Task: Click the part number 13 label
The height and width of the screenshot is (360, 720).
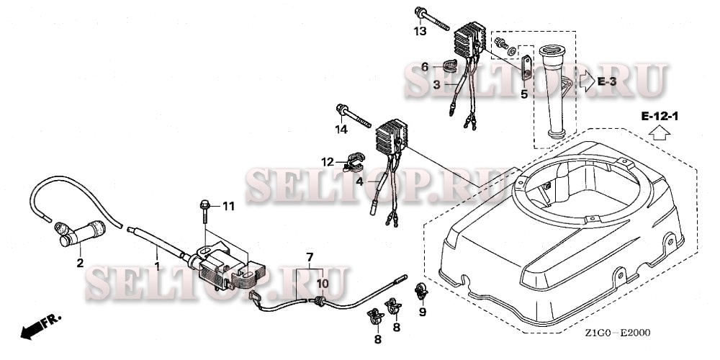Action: coord(420,31)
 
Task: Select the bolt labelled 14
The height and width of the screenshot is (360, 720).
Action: coord(354,116)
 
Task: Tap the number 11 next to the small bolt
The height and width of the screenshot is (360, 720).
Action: coord(228,207)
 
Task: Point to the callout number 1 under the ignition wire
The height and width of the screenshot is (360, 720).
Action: coord(158,266)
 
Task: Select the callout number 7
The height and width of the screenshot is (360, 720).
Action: coord(310,256)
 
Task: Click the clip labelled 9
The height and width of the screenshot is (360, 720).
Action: coord(420,292)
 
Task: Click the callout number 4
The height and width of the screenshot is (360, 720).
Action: coord(359,182)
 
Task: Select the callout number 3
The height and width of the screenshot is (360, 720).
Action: coord(437,84)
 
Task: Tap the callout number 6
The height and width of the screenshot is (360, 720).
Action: coord(425,68)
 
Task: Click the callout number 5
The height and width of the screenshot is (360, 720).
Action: coord(524,96)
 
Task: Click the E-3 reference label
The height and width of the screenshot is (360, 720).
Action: coord(606,82)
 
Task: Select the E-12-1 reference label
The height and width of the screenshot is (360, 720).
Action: coord(660,117)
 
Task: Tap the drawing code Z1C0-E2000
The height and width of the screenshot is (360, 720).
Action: coord(618,333)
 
